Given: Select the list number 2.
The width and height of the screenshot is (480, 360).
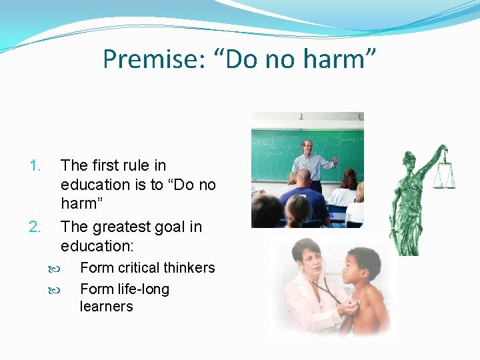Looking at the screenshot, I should tap(35, 227).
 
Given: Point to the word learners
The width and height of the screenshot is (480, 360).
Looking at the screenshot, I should tap(106, 307).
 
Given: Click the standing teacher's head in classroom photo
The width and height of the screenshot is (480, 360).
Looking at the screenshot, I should tap(307, 147).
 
